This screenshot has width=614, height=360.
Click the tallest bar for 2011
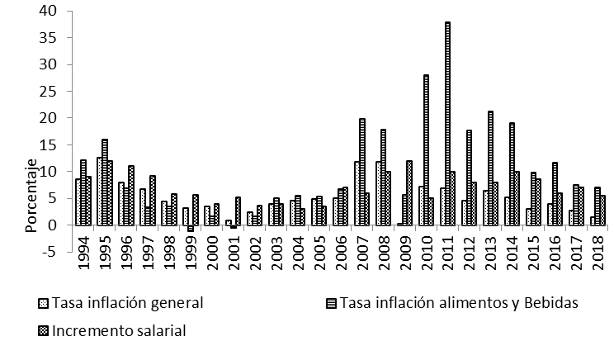pyautogui.click(x=447, y=124)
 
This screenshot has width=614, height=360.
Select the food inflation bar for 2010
pyautogui.click(x=426, y=149)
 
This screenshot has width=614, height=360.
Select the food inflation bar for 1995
pyautogui.click(x=105, y=182)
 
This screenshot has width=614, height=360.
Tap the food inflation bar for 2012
pyautogui.click(x=469, y=178)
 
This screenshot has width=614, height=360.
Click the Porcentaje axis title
pyautogui.click(x=31, y=195)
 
